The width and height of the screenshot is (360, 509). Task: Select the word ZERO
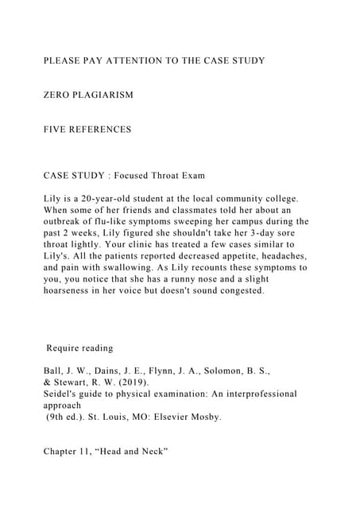tap(60, 95)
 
